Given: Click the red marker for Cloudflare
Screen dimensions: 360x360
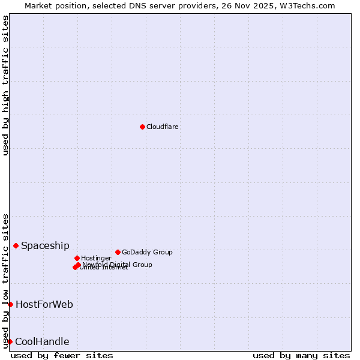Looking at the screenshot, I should (x=142, y=127).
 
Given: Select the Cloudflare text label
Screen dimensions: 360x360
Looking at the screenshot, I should (x=162, y=127).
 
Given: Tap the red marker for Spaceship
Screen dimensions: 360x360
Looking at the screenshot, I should (x=16, y=245).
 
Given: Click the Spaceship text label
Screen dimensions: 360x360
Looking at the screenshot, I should (x=45, y=246).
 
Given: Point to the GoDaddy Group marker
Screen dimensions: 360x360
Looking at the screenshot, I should (x=118, y=252).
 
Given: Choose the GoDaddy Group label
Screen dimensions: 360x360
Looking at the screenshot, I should (x=147, y=253).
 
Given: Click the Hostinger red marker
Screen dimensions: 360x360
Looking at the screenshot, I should (x=77, y=258).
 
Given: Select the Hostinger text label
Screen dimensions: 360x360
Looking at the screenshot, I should (x=96, y=259).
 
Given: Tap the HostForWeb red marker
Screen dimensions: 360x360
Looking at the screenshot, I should (x=10, y=304).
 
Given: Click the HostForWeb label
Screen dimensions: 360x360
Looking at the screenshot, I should (x=44, y=305).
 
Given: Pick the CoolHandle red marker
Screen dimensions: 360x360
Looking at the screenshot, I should (x=10, y=341).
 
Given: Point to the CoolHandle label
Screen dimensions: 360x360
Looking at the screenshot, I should (x=42, y=342).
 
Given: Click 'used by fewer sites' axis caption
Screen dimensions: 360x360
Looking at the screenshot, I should (x=62, y=355).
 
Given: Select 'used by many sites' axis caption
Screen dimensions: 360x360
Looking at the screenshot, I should (x=301, y=355).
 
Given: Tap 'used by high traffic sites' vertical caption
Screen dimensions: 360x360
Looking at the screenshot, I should (x=5, y=85).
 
